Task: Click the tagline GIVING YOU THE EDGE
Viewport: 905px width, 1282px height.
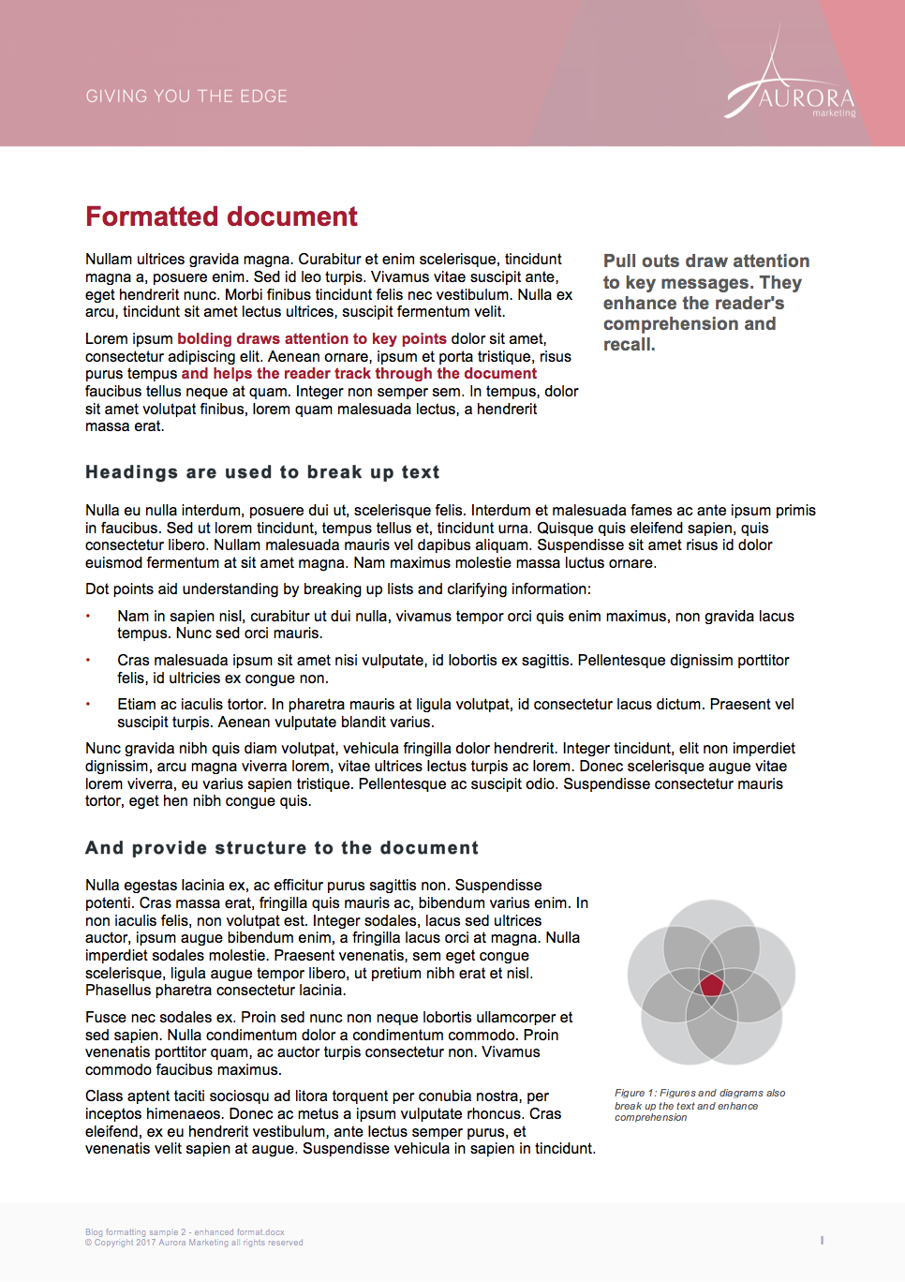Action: [x=186, y=97]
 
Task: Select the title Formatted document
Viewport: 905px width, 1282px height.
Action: [x=221, y=216]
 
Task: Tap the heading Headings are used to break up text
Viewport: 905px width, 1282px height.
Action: [x=262, y=472]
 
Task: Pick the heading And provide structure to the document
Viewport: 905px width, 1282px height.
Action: [x=282, y=848]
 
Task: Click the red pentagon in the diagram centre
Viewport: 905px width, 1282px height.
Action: [x=712, y=985]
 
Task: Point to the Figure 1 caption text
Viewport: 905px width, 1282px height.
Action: [x=699, y=1105]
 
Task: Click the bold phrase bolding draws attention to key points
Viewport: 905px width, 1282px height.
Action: [x=312, y=339]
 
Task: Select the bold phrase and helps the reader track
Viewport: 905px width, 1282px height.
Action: [x=359, y=374]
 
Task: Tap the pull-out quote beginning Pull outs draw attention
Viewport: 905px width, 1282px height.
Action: [x=705, y=302]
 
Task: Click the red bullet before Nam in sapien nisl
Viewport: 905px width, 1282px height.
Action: [x=88, y=616]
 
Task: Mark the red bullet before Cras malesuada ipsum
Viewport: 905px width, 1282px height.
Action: [x=88, y=660]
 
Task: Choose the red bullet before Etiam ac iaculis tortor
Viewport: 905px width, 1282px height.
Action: [x=88, y=704]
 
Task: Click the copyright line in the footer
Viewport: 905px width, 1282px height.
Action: [x=194, y=1243]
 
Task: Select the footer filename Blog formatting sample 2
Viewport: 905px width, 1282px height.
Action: [x=185, y=1232]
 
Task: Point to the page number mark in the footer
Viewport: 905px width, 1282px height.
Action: [x=822, y=1240]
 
